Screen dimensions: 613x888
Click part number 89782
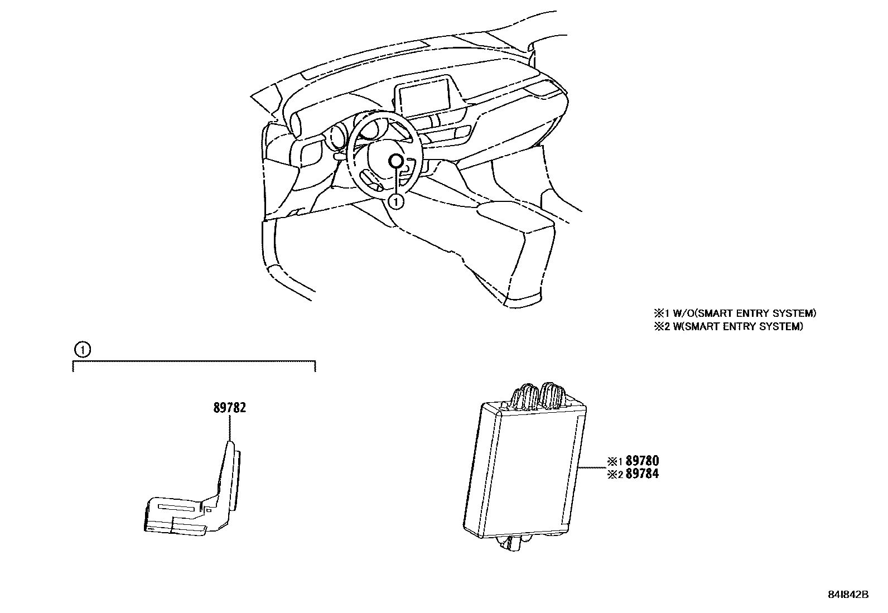tap(229, 408)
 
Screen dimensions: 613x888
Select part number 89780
tap(642, 461)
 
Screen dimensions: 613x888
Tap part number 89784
tap(642, 474)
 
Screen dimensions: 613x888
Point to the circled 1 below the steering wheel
tap(395, 201)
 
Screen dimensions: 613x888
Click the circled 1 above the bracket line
tap(81, 350)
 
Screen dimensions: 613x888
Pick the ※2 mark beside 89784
tap(615, 475)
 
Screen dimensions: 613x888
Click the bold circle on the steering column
tap(395, 161)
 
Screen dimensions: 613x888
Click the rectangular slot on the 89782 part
tap(177, 508)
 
